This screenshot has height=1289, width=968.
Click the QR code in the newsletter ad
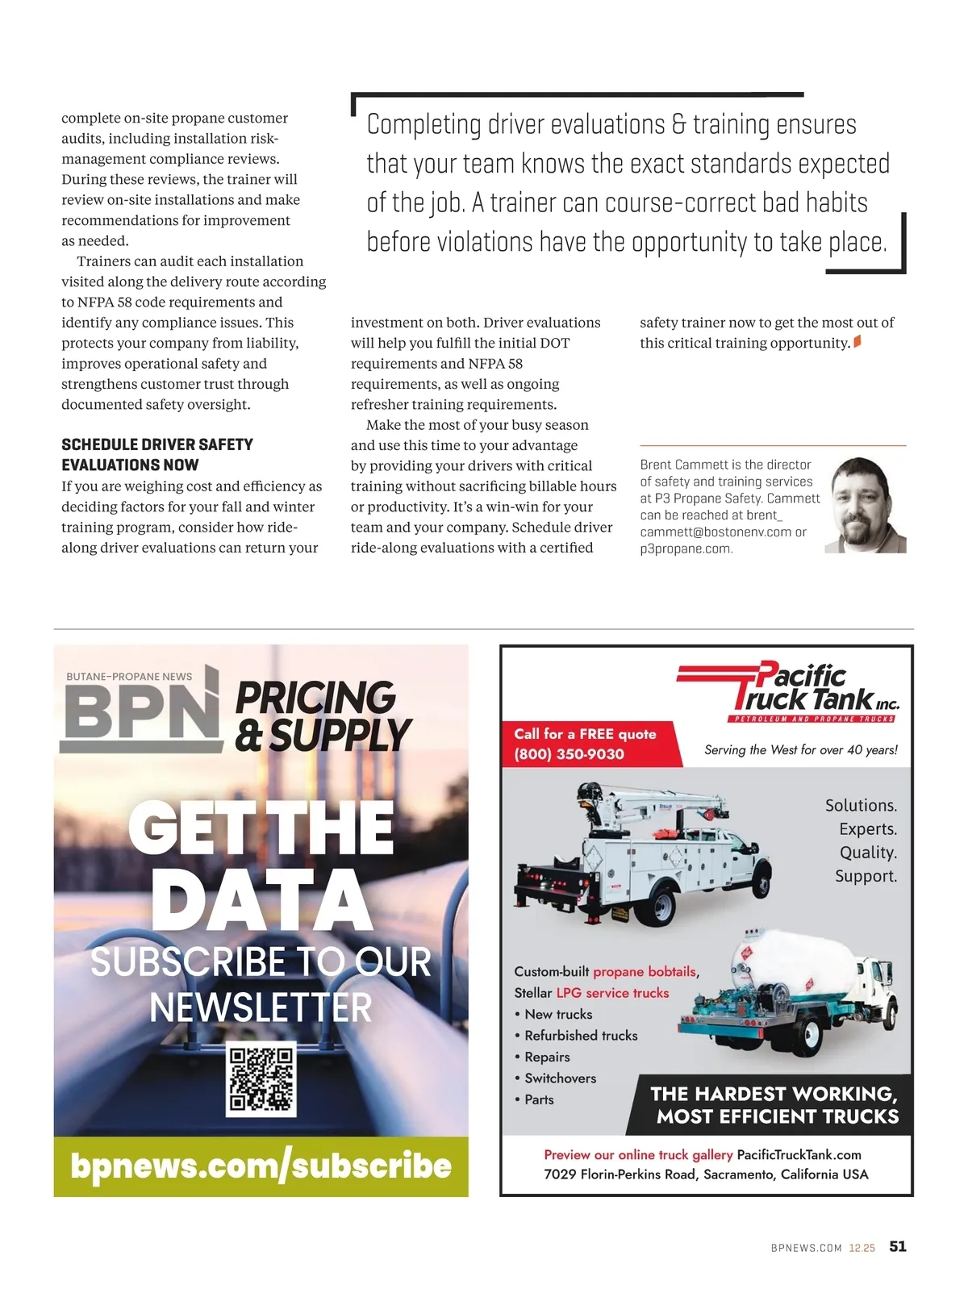(x=261, y=1078)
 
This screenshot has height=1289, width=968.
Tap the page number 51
(x=897, y=1246)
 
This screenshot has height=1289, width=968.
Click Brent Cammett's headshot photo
(x=866, y=505)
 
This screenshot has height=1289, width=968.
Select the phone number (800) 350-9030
(x=570, y=754)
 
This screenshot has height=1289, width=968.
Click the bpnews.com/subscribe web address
(x=261, y=1166)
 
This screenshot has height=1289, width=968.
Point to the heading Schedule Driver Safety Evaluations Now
(x=157, y=455)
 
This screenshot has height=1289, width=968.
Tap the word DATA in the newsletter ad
(x=261, y=900)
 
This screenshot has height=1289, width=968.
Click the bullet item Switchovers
(x=560, y=1078)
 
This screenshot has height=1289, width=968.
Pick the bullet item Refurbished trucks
(x=581, y=1036)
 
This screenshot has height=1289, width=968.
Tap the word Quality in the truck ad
(x=868, y=853)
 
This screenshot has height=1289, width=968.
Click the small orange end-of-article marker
(x=857, y=342)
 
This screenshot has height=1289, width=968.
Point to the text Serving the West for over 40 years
(x=800, y=750)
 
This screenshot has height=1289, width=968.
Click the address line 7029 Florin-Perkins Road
(x=706, y=1174)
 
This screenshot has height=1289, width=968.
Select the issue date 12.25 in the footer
(x=862, y=1248)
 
